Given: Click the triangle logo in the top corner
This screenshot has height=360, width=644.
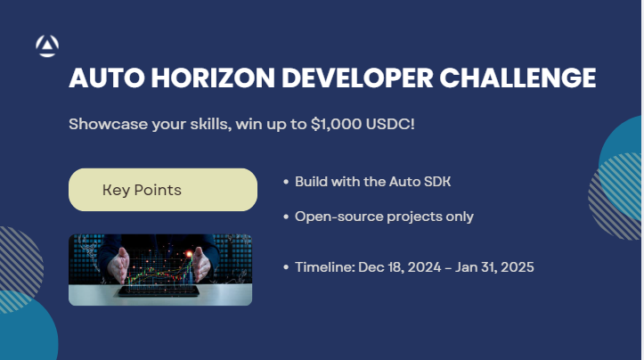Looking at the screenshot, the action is (x=47, y=45).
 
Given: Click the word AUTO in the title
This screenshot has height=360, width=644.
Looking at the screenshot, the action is (x=107, y=78).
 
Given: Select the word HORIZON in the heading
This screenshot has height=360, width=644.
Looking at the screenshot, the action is (x=213, y=78).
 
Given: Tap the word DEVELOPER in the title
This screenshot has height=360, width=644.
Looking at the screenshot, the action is (x=357, y=78).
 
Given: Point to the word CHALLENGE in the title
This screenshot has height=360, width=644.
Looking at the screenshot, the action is (x=518, y=78).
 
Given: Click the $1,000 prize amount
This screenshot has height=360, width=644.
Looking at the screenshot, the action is (x=337, y=124).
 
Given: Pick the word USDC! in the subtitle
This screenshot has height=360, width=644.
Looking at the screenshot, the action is (x=390, y=124).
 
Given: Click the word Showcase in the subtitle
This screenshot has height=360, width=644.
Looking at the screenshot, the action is (x=108, y=124).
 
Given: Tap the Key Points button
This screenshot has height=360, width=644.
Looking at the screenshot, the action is (x=163, y=190).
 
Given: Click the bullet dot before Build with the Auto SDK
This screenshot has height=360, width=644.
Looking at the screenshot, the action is (x=286, y=182).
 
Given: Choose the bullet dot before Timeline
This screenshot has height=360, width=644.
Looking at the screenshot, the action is (x=286, y=267).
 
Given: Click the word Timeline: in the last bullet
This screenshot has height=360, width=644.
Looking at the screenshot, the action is (x=325, y=267).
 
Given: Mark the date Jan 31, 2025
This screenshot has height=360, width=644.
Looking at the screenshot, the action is (x=494, y=267).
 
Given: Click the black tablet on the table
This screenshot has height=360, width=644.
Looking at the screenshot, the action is (x=159, y=291).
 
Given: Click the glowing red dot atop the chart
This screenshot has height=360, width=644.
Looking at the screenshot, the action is (x=190, y=254).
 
